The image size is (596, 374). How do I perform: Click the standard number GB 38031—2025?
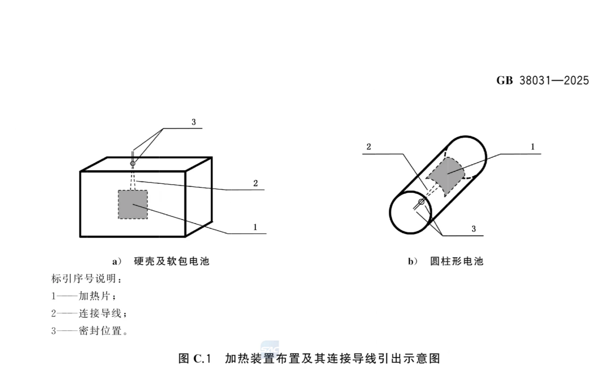(542, 81)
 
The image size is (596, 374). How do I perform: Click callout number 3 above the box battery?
(194, 122)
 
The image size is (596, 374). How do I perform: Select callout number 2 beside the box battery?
(255, 183)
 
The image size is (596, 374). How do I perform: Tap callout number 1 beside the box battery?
(255, 227)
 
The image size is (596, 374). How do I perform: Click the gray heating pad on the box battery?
(133, 204)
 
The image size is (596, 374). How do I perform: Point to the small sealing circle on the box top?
(133, 163)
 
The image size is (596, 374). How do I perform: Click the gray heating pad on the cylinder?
(446, 176)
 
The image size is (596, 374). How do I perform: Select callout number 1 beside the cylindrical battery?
(532, 147)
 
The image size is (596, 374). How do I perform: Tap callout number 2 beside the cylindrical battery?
(368, 147)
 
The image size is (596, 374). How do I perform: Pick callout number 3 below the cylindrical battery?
(474, 229)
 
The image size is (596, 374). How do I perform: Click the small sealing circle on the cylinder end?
(421, 202)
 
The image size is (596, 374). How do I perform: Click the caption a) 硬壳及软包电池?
(161, 261)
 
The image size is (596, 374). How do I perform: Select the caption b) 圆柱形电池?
(445, 261)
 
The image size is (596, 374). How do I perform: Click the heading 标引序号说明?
(87, 279)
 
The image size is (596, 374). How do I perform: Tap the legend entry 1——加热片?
(84, 296)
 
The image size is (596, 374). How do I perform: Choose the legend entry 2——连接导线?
(89, 313)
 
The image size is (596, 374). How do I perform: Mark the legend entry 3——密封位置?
(89, 331)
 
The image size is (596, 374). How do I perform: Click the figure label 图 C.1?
(194, 358)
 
